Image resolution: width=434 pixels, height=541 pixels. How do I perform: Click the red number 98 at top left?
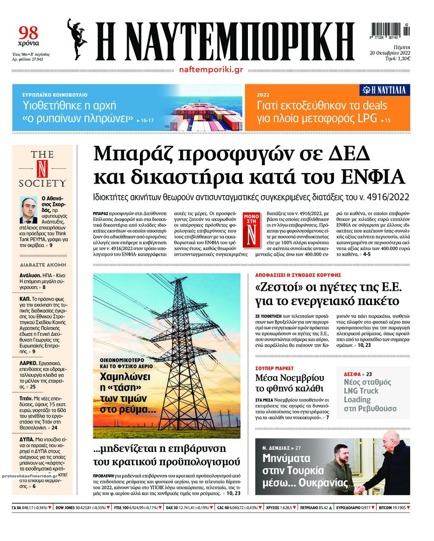tap(28, 32)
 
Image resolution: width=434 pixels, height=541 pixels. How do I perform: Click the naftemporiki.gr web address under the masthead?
tap(211, 70)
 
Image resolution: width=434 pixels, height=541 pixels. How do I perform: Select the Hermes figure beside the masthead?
tap(78, 39)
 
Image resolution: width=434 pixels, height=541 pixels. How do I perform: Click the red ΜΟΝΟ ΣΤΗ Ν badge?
tap(251, 229)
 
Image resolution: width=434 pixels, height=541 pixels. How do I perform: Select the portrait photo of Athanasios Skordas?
tap(29, 210)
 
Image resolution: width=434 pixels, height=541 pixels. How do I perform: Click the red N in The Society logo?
tap(42, 168)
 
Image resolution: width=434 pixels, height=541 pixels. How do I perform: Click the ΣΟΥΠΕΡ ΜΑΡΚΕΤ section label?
tap(274, 368)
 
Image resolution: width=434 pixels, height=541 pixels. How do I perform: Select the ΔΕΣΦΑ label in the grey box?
tap(352, 374)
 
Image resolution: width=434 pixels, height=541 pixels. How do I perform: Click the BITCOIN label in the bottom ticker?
tap(387, 508)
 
